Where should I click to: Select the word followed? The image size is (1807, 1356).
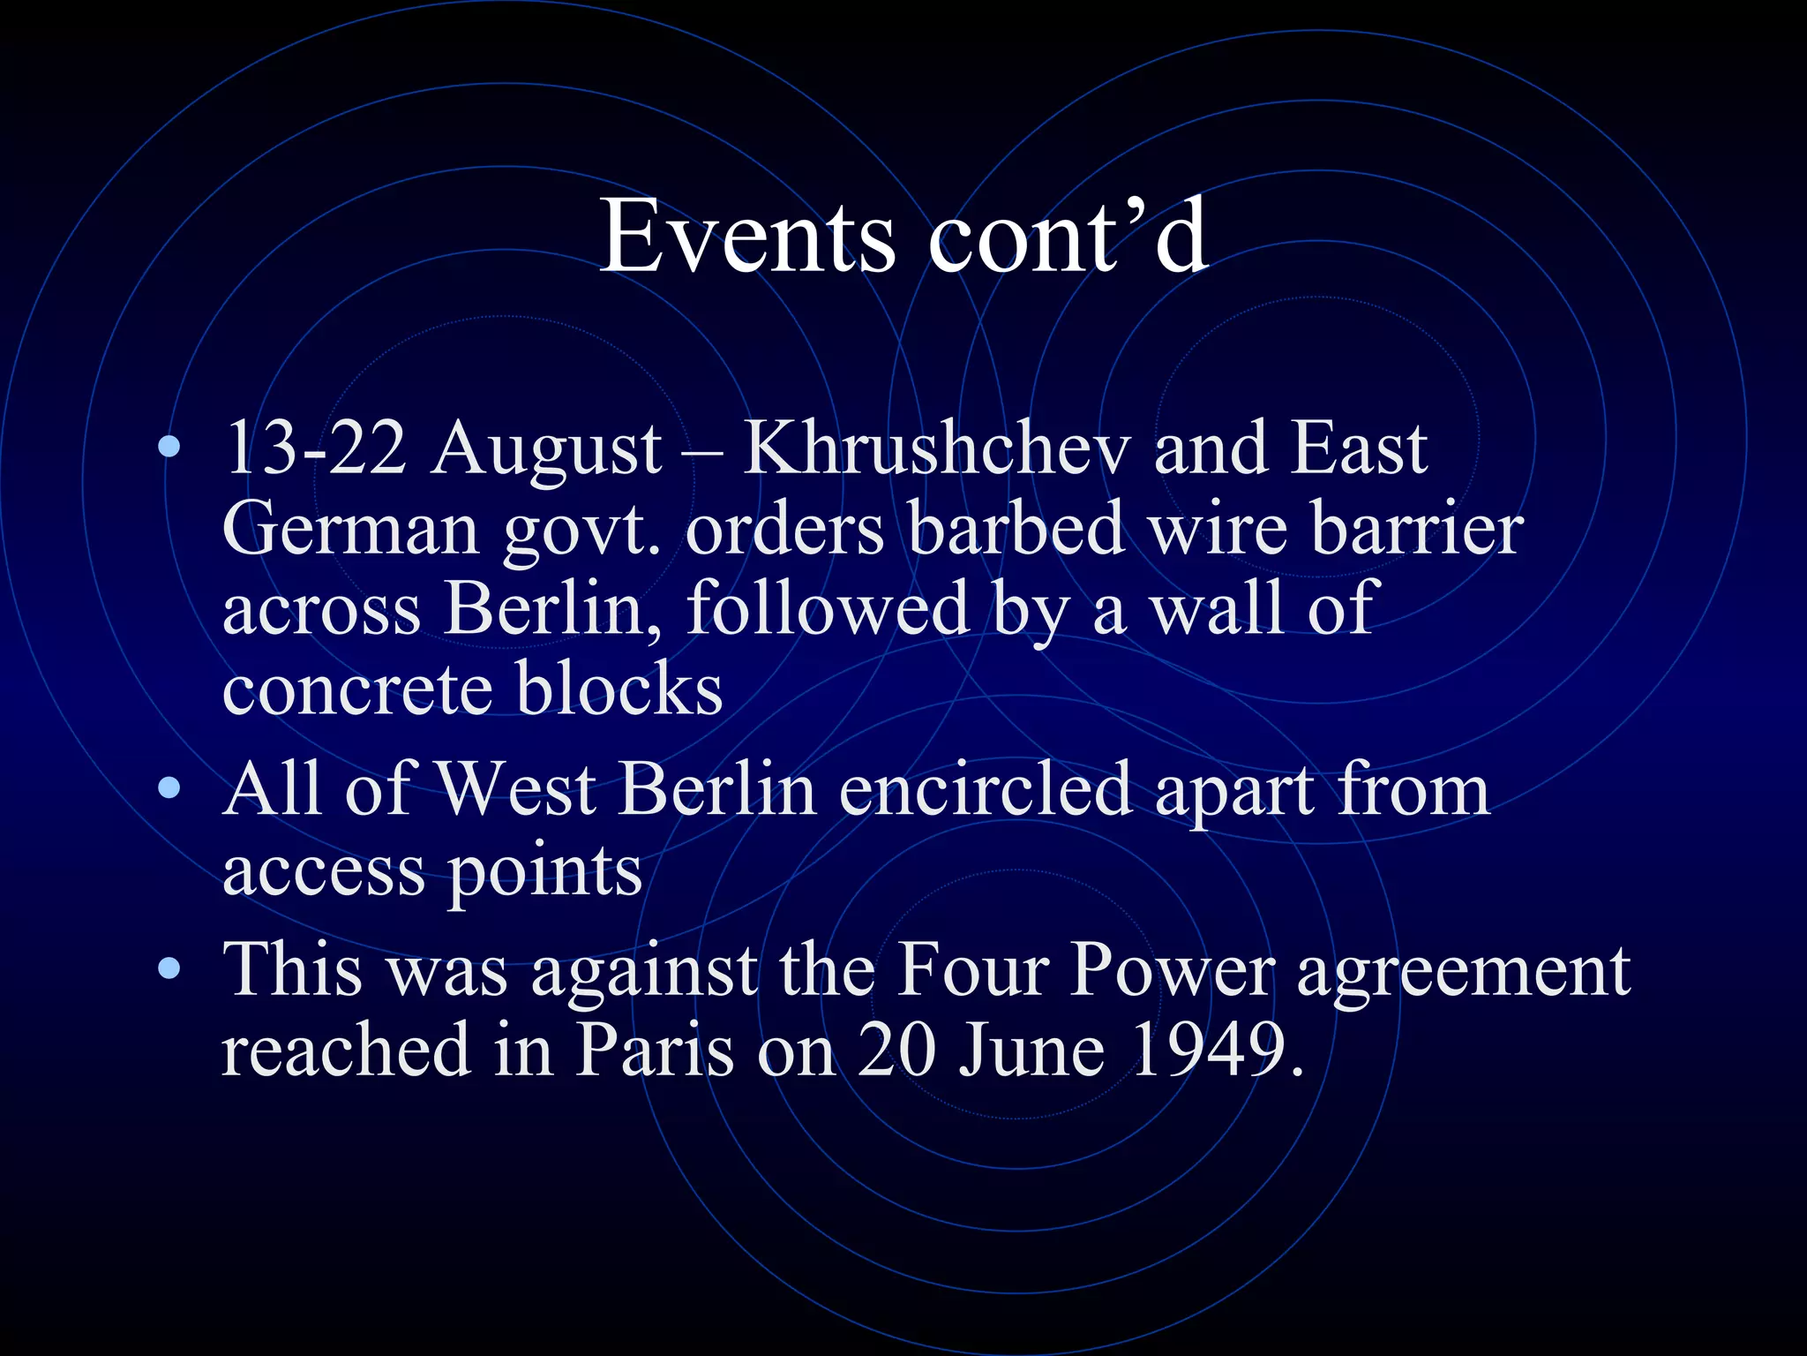point(828,609)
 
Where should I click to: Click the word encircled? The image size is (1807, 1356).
point(985,788)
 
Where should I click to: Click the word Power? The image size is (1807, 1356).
point(1173,970)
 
